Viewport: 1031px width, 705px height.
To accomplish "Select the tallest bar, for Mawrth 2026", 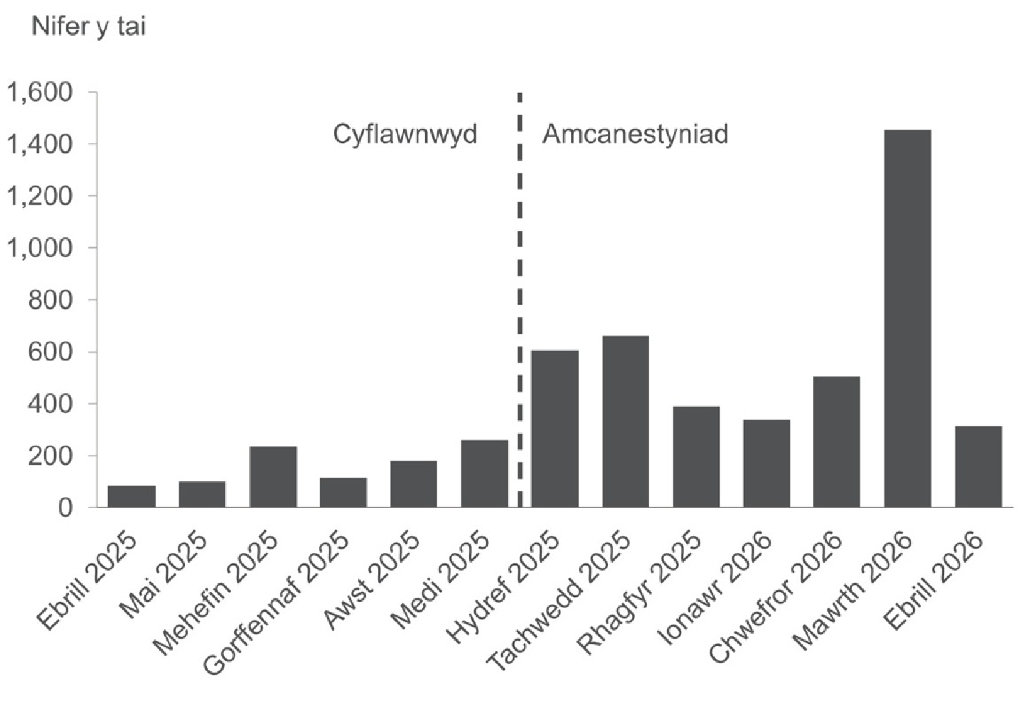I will (907, 319).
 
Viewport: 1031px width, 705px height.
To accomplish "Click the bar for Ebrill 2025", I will (131, 496).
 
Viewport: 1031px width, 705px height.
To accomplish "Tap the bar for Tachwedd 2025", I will (625, 421).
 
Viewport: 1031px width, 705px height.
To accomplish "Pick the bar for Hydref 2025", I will (555, 429).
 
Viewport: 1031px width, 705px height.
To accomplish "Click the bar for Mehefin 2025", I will (273, 477).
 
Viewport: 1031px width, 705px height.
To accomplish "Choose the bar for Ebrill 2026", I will (978, 466).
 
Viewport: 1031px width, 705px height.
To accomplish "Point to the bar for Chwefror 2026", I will (836, 442).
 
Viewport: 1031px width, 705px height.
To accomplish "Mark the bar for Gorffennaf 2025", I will (343, 492).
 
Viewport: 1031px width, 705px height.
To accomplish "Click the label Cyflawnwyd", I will (405, 135).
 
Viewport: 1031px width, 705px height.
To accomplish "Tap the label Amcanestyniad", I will (635, 135).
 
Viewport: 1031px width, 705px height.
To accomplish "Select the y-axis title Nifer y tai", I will (89, 27).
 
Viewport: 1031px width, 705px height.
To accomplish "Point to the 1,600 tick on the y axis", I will (38, 92).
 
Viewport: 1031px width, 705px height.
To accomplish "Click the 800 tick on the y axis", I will (49, 300).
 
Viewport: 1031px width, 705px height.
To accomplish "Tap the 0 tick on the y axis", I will (64, 508).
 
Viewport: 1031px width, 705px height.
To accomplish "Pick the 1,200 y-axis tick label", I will (38, 196).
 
